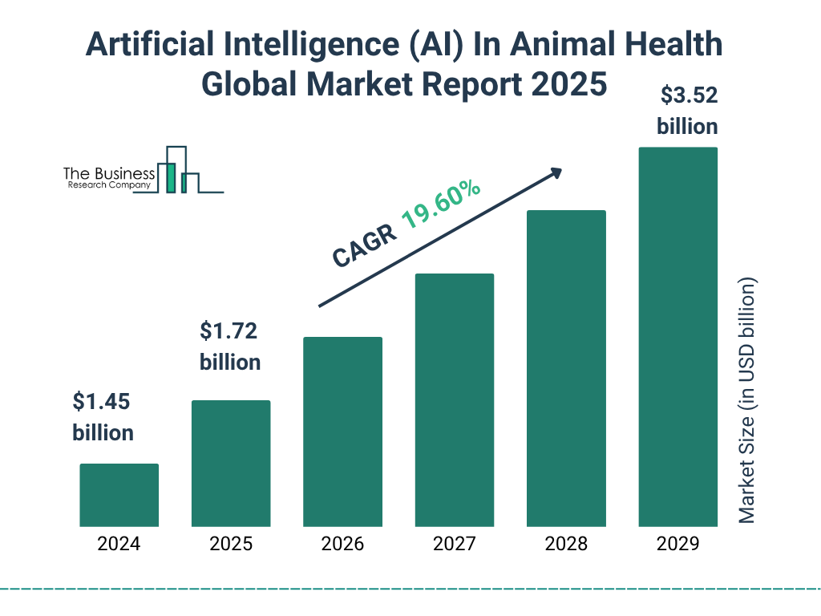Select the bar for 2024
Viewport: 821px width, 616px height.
(119, 495)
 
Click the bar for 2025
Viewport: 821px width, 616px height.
(231, 463)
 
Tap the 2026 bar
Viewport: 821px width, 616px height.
(342, 432)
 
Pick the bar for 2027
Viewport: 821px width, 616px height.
(454, 399)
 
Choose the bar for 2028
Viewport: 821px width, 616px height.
(566, 368)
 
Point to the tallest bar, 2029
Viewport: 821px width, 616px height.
(677, 337)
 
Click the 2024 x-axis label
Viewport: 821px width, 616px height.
(119, 544)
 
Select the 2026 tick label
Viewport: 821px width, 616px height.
(342, 544)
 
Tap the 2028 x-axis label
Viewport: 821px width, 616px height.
(566, 544)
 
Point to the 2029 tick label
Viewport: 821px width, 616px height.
(677, 544)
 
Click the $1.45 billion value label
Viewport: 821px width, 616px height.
(103, 417)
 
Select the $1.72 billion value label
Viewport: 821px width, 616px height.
(230, 346)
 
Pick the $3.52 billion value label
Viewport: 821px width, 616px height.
(687, 111)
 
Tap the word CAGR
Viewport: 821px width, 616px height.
(365, 244)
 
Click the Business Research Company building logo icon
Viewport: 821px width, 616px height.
(183, 170)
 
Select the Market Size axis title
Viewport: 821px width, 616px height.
(747, 400)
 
